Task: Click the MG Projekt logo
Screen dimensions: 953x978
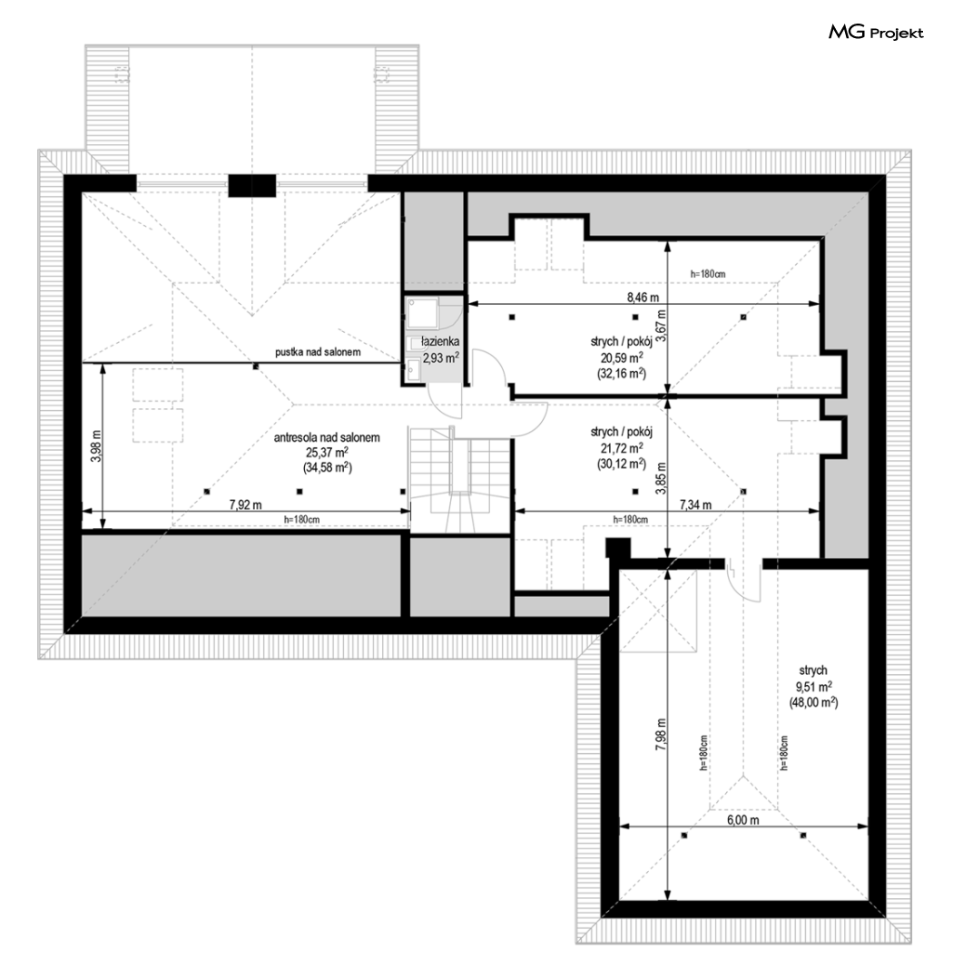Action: coord(876,32)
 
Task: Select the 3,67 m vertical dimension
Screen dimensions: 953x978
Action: coord(662,326)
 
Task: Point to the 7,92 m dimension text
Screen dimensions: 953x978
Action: coord(246,504)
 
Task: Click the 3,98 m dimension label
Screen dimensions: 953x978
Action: coord(96,446)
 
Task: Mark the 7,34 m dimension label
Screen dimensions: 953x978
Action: coord(695,504)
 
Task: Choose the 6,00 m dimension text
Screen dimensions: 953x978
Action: coord(742,819)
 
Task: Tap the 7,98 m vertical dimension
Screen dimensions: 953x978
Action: coord(662,735)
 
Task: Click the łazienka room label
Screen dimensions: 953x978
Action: coord(440,342)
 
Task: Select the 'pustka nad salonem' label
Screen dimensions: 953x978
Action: coord(318,352)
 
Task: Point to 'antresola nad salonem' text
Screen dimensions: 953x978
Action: coord(327,438)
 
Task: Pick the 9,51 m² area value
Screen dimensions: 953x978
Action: coord(813,686)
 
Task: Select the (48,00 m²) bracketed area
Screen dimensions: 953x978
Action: coord(813,701)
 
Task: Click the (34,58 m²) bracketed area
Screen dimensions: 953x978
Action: coord(327,468)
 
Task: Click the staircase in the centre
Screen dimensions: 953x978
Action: coord(460,479)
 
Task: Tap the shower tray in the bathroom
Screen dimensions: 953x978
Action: coord(423,313)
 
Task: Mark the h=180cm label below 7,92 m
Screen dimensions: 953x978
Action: coord(302,519)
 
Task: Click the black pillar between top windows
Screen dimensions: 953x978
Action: coord(251,185)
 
